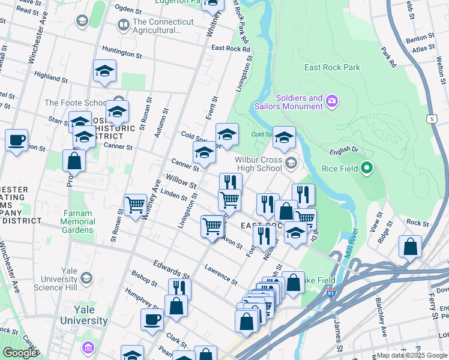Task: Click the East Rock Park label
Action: (x=332, y=67)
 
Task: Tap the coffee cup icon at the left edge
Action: (x=16, y=141)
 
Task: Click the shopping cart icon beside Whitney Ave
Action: (x=135, y=205)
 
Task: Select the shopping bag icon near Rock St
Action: (x=410, y=246)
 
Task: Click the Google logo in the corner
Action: (x=20, y=353)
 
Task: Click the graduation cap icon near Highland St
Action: (x=104, y=71)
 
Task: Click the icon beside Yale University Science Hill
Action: (x=87, y=278)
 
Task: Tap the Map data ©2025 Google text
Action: (x=411, y=355)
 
